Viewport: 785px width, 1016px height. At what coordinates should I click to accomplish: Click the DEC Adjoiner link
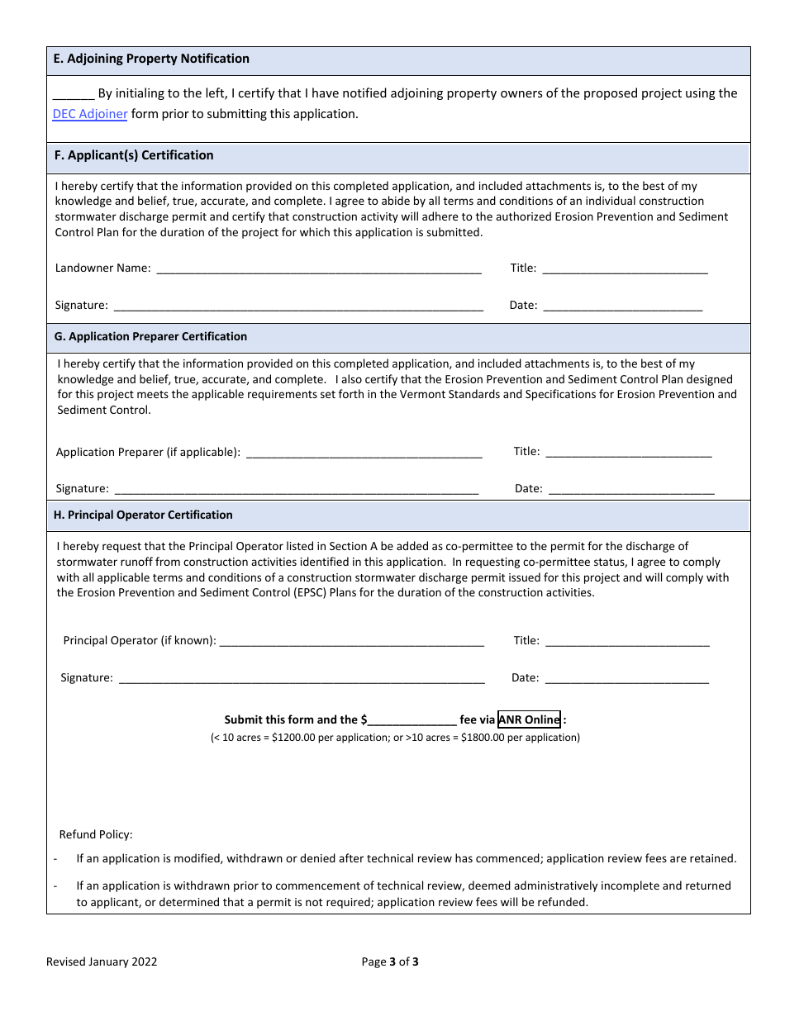[x=90, y=114]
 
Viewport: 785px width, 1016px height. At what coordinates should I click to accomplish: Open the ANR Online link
[x=529, y=719]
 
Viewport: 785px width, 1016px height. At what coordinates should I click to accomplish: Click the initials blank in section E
[x=74, y=94]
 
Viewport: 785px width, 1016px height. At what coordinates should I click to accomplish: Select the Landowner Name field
[x=318, y=268]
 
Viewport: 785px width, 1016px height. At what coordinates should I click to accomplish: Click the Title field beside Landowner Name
[x=625, y=268]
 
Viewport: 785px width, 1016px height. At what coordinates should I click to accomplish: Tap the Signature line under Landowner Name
[x=298, y=305]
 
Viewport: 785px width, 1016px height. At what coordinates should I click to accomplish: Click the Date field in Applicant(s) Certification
[x=622, y=305]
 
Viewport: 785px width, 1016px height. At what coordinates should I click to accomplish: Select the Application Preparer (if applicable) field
[x=364, y=452]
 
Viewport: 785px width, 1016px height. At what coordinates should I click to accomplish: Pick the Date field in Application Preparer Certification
[x=631, y=488]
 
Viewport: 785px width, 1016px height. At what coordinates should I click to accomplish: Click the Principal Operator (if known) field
[x=352, y=640]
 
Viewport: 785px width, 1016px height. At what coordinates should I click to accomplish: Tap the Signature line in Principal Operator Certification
[x=302, y=677]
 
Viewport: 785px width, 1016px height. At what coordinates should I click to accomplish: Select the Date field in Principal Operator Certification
[x=627, y=677]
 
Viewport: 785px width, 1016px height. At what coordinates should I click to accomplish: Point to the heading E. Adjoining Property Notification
[x=151, y=59]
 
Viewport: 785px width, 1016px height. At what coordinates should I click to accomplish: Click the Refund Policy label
[x=96, y=834]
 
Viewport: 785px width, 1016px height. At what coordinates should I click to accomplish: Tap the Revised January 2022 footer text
[x=102, y=961]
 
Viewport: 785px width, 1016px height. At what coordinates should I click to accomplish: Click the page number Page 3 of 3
[x=390, y=961]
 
